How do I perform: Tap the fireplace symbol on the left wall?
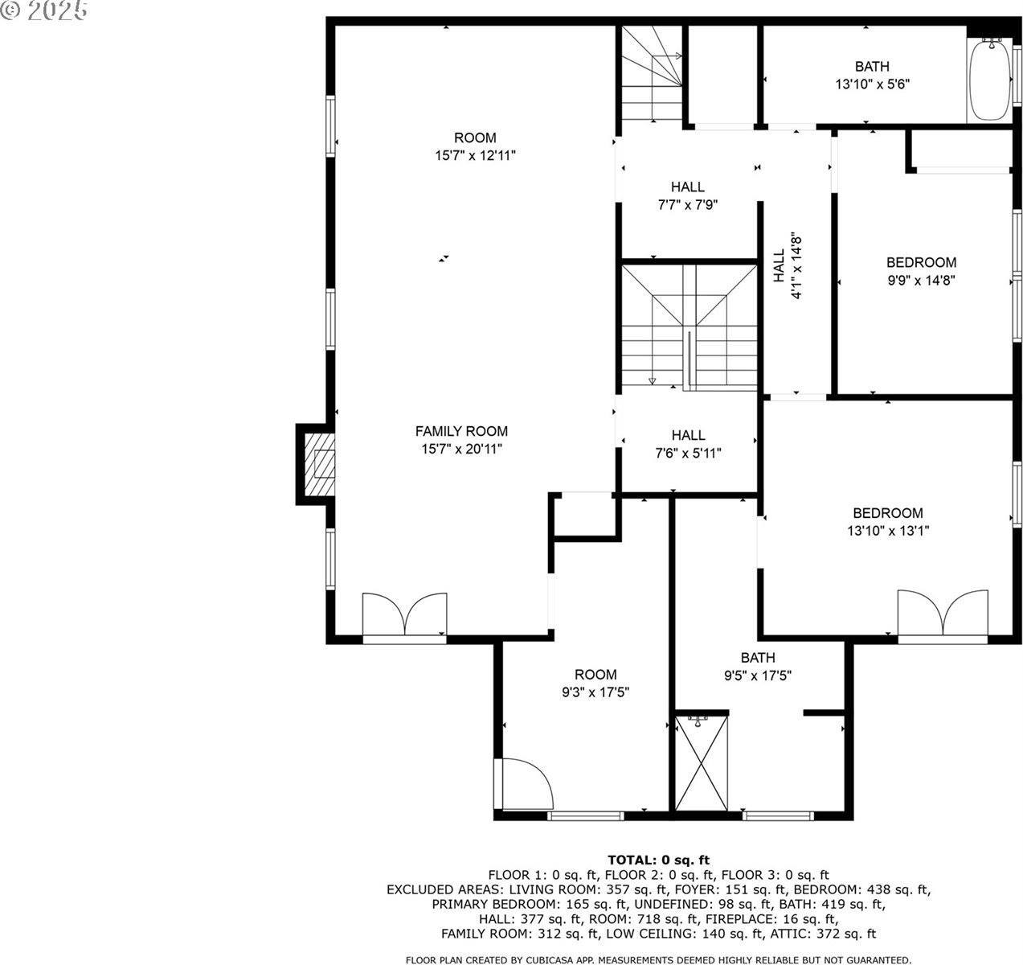(318, 465)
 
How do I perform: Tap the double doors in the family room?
(404, 616)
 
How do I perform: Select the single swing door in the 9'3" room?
(525, 784)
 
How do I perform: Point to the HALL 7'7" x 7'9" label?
(687, 195)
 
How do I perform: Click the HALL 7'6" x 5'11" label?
(688, 444)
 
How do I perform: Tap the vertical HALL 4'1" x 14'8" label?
(787, 265)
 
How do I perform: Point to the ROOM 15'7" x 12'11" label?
(475, 146)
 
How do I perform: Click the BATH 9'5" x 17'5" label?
(758, 667)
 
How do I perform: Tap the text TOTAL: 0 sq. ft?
(658, 860)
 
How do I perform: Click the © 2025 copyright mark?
(44, 11)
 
